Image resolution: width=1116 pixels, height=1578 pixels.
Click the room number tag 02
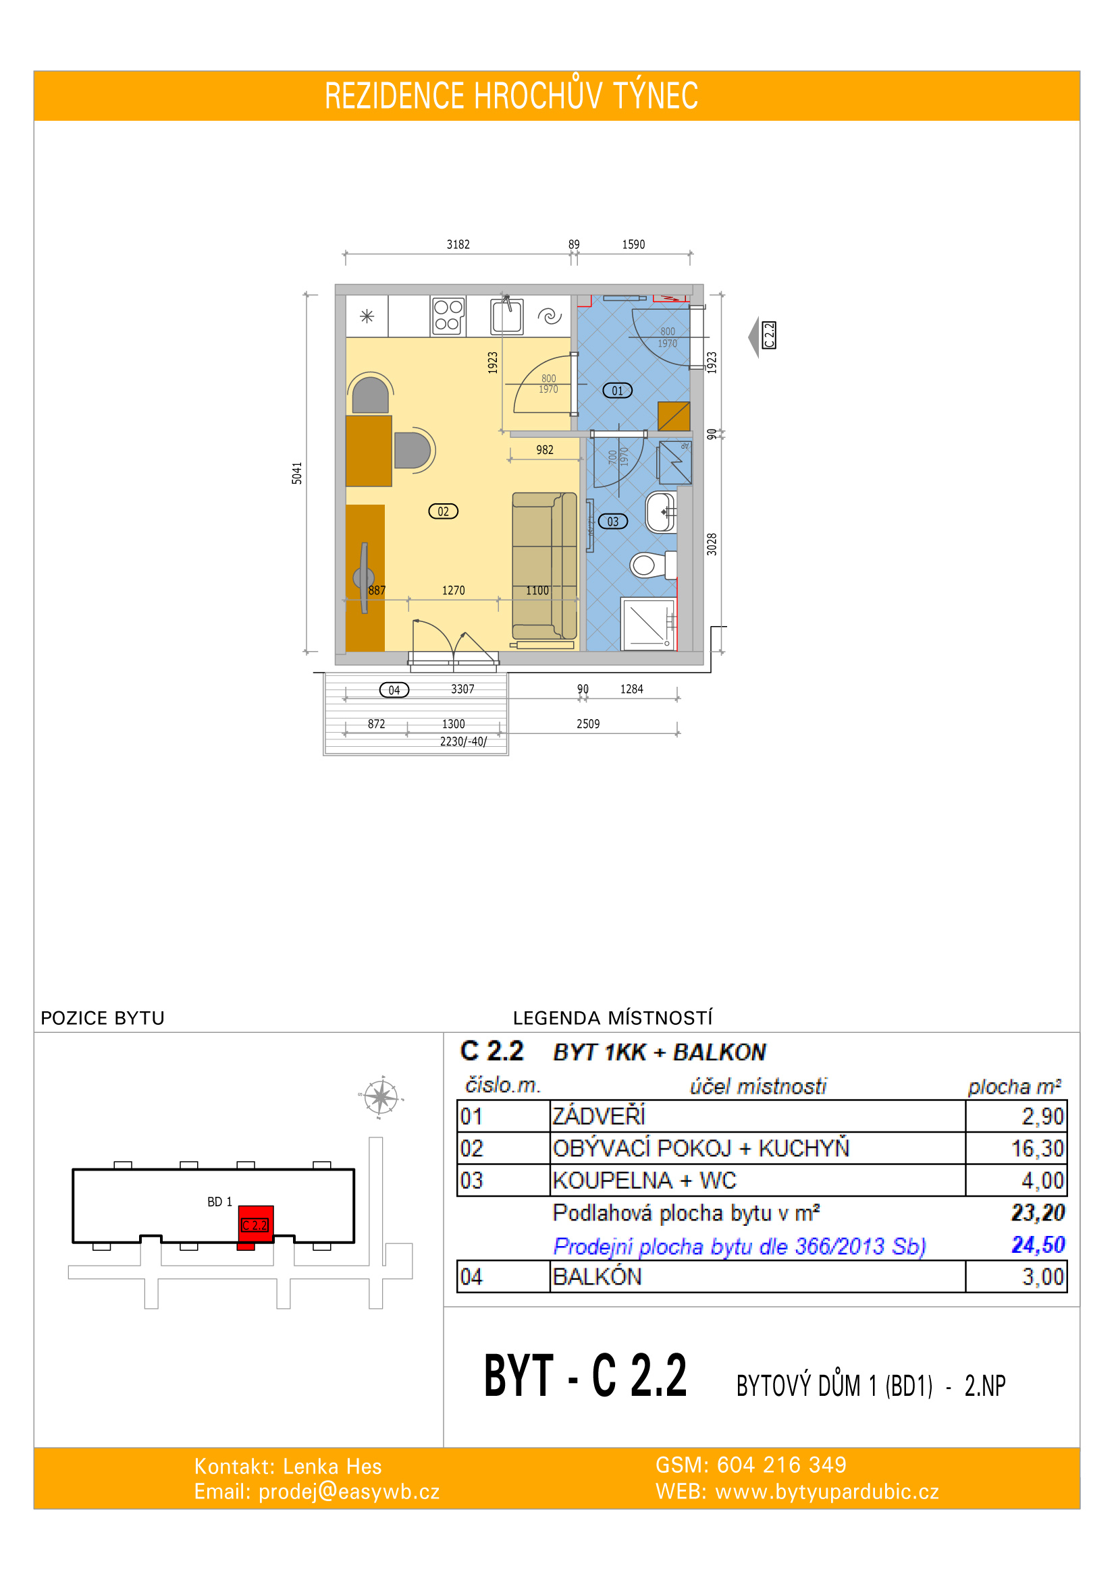click(x=443, y=511)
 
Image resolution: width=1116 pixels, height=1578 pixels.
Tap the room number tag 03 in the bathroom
click(x=612, y=522)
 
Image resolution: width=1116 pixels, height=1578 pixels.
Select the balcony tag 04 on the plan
click(x=394, y=690)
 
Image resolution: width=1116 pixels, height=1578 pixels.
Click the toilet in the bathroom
click(x=654, y=565)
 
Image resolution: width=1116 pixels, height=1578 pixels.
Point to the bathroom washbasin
click(x=661, y=512)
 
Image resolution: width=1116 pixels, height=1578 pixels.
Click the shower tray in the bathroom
click(x=647, y=624)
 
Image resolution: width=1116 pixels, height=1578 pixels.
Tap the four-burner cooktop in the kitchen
click(x=448, y=316)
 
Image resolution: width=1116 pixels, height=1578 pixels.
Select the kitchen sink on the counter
click(x=507, y=317)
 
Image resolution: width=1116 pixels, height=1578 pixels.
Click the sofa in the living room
click(x=545, y=566)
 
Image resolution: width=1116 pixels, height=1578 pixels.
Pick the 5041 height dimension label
click(x=297, y=474)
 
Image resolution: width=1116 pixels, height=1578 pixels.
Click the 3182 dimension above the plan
click(x=458, y=245)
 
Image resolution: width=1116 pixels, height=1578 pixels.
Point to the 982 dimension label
click(x=545, y=450)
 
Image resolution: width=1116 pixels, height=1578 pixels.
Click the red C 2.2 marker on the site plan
click(x=255, y=1224)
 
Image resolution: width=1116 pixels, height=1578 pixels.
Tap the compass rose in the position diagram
click(x=380, y=1097)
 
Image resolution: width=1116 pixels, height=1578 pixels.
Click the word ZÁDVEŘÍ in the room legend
click(x=599, y=1116)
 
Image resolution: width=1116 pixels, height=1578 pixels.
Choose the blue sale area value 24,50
click(x=1038, y=1245)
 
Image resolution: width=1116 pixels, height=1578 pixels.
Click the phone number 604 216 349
click(x=781, y=1465)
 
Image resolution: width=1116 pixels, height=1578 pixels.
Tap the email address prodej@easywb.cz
click(x=348, y=1492)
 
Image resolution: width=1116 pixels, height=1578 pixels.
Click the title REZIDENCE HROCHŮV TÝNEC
click(x=511, y=96)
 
